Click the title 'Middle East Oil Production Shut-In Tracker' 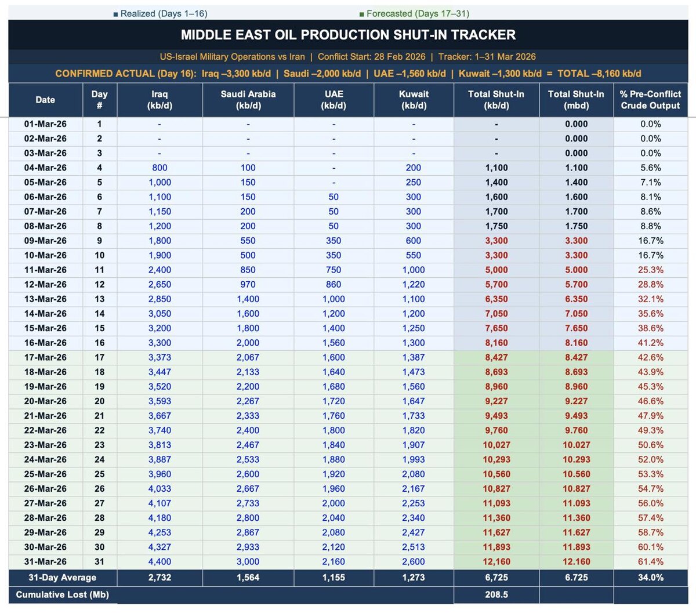pos(348,35)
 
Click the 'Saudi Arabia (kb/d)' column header pos(248,100)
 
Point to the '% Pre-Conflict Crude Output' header pos(650,100)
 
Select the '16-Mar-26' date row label pos(45,343)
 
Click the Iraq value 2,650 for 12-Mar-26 pos(159,285)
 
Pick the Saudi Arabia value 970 pos(248,285)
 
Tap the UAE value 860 pos(333,285)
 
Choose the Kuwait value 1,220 pos(414,285)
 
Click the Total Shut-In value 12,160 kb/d pos(496,562)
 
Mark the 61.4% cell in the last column pos(650,562)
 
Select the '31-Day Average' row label pos(63,578)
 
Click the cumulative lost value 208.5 pos(496,595)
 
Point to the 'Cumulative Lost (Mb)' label pos(63,595)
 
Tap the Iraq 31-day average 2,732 pos(159,578)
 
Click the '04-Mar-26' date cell pos(45,168)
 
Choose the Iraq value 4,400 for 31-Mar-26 pos(159,562)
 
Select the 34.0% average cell pos(650,578)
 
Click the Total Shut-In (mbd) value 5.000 pos(576,270)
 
